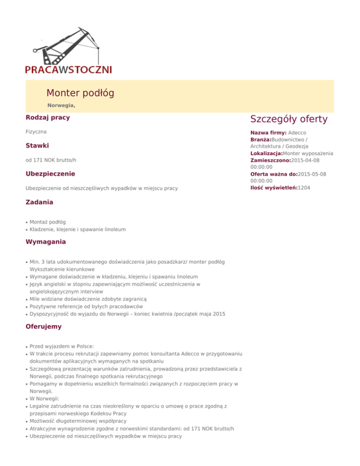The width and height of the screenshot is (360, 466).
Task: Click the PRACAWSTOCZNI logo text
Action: (68, 70)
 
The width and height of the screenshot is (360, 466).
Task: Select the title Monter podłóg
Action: (80, 93)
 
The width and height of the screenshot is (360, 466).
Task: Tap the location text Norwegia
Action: (61, 105)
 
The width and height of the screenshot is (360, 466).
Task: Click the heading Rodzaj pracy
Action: (48, 117)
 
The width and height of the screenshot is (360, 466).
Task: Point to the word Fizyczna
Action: (36, 133)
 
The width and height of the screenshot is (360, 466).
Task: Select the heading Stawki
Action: (37, 146)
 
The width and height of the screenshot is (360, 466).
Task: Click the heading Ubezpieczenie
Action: (50, 174)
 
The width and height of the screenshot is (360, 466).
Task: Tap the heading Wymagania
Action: (45, 242)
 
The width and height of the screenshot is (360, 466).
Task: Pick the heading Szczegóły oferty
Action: (289, 119)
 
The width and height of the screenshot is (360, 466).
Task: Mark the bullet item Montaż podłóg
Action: (47, 221)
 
